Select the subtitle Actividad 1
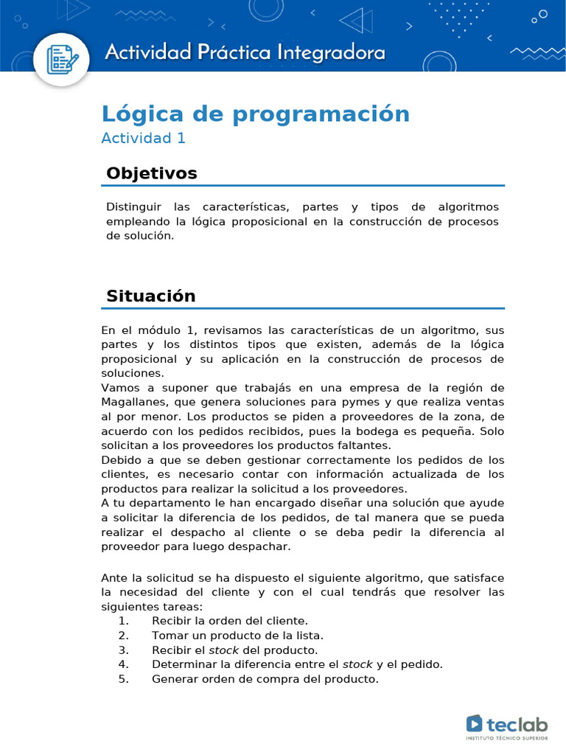(x=143, y=138)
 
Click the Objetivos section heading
(x=152, y=173)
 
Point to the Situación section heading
(x=151, y=296)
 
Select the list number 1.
(x=123, y=621)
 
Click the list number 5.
(x=123, y=679)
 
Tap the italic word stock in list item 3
(x=224, y=650)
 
